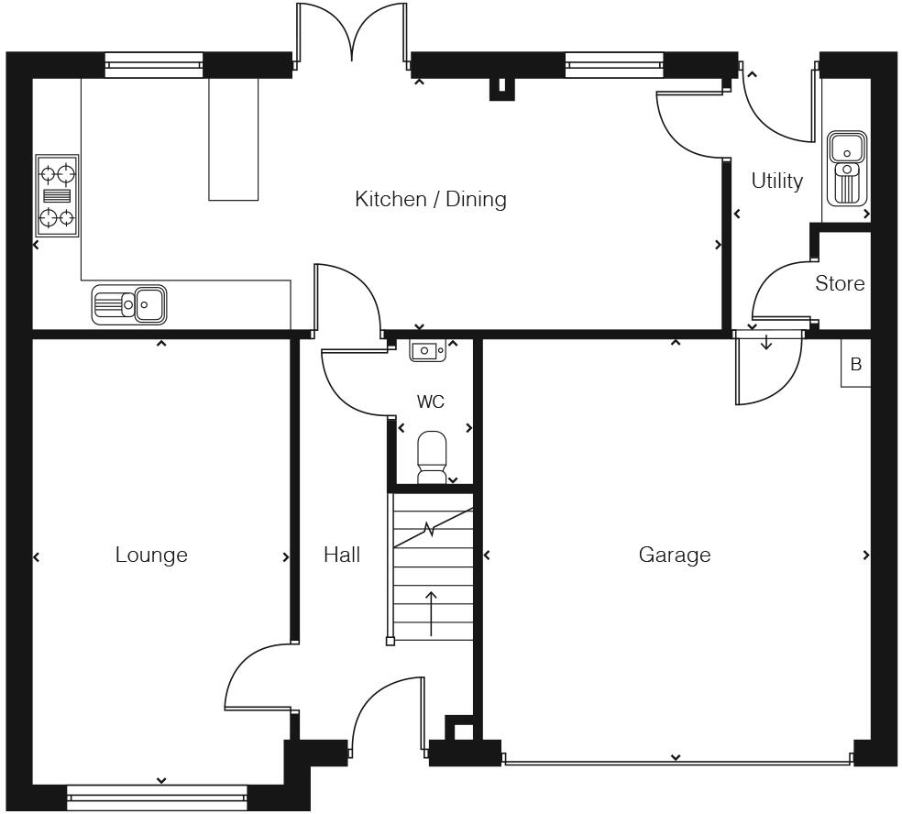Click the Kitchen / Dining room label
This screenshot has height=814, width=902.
coord(430,199)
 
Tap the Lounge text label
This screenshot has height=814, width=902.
coord(151,555)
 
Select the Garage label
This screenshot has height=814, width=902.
coord(674,555)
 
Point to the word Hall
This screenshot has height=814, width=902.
coord(341,555)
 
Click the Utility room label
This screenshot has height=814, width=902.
coord(776,181)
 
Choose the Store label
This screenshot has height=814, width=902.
coord(840,283)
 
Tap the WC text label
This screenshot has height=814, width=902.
coord(430,401)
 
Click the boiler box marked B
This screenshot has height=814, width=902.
coord(855,364)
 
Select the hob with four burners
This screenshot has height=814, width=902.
coord(57,195)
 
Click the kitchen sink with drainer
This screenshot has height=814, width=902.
coord(129,303)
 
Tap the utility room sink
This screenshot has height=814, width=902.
coord(846,168)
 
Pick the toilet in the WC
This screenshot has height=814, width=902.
coord(432,456)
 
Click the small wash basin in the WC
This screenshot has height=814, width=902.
coord(427,350)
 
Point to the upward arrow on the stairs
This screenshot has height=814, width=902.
coord(431,612)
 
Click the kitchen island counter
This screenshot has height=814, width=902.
coord(234,138)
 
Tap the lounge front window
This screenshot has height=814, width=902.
coord(158,797)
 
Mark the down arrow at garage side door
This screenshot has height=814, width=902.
coord(766,343)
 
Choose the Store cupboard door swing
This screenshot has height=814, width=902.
coord(777,291)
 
